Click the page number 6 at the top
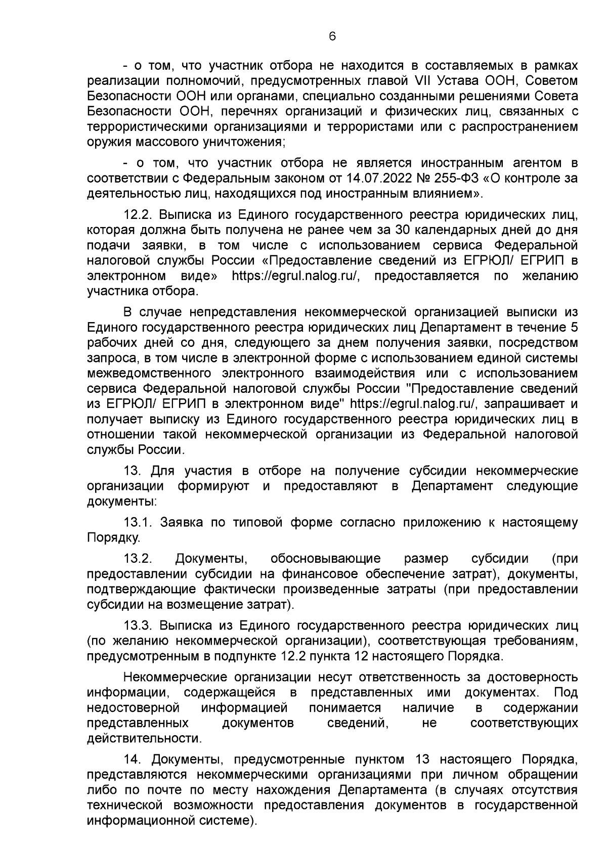332,36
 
